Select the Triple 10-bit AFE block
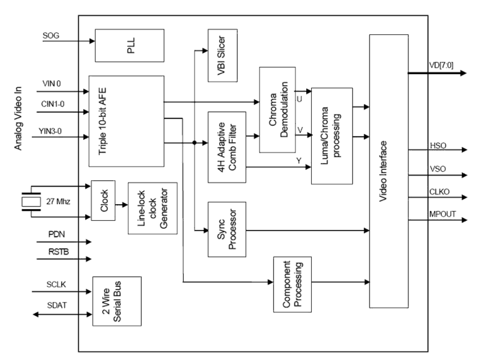point(125,121)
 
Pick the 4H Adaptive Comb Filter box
point(227,147)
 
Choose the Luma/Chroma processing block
point(332,135)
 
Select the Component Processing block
point(292,284)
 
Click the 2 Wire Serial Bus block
point(116,301)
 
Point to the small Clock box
point(103,200)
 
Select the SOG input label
point(50,36)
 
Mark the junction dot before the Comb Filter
point(194,143)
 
